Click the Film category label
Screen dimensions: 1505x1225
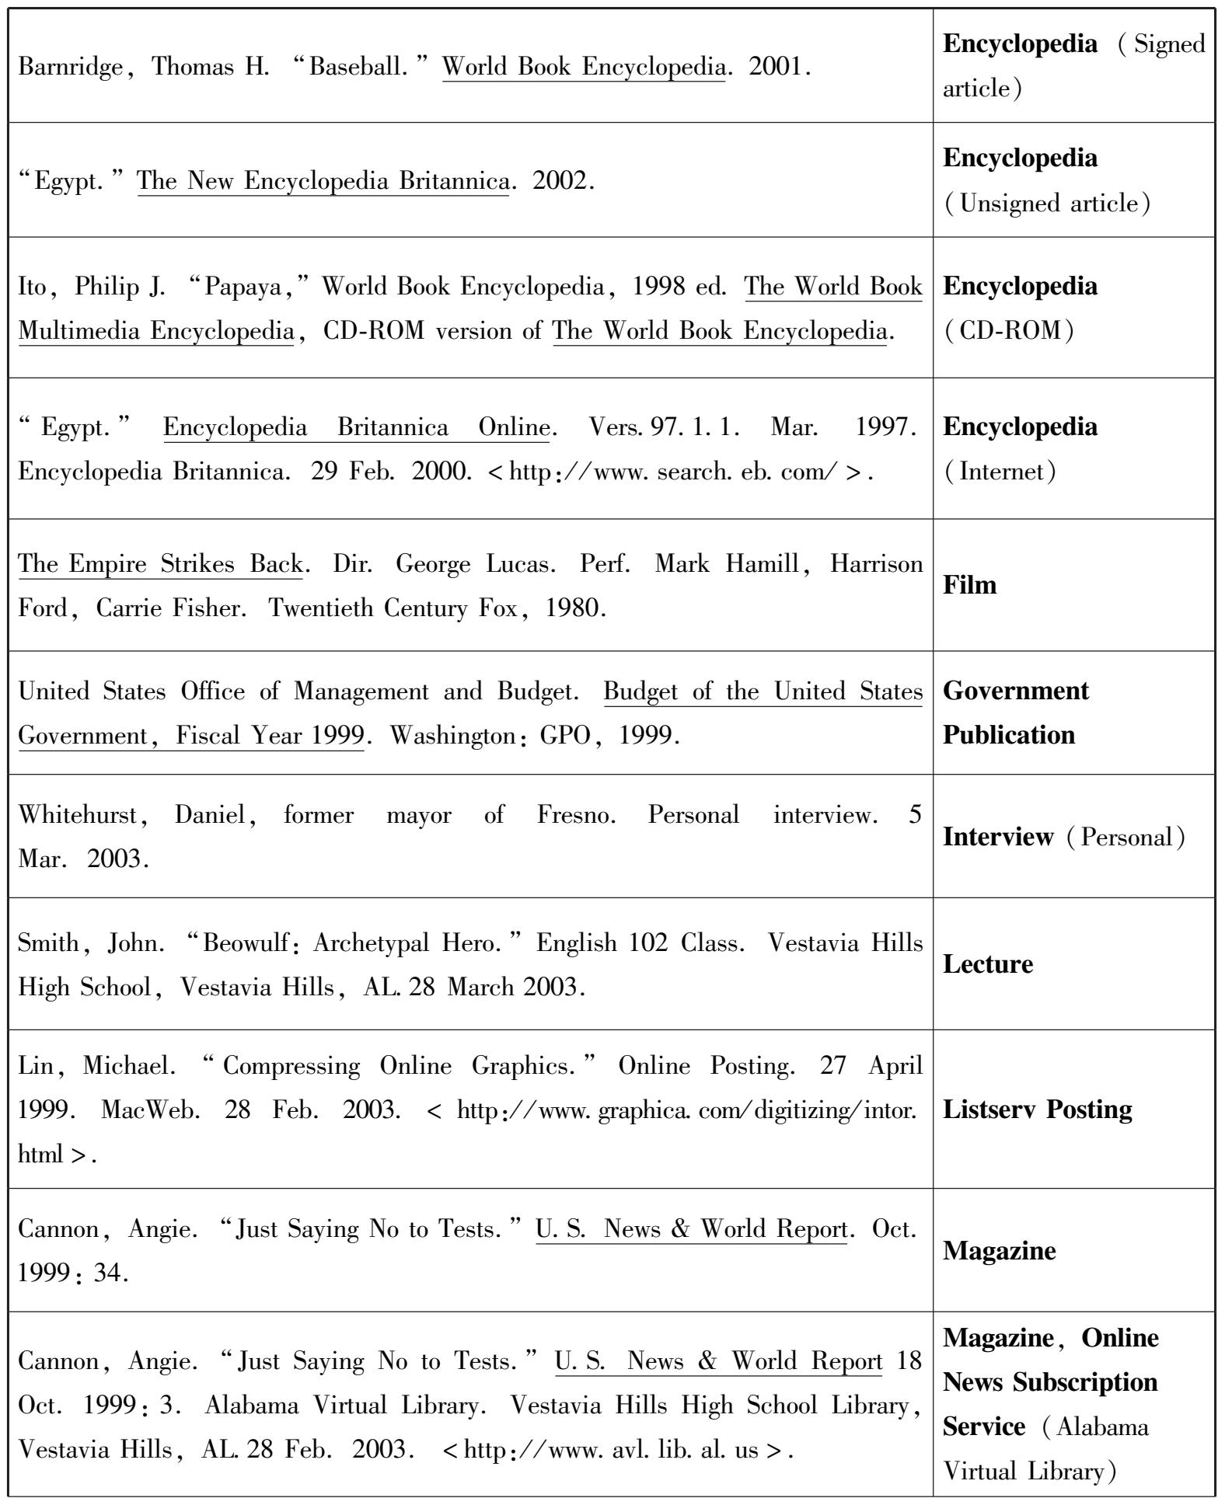coord(969,585)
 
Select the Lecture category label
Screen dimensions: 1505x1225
coord(988,964)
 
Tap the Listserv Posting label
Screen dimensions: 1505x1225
coord(1037,1109)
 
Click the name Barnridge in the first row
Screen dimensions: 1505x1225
coord(70,68)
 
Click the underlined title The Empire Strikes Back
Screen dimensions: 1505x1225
coord(160,563)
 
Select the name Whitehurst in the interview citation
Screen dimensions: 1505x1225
coord(78,815)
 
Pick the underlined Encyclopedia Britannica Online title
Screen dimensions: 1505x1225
coord(356,427)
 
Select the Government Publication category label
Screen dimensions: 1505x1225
coord(1015,712)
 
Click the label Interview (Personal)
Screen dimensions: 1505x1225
coord(1064,837)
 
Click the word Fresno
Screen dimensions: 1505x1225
coord(576,815)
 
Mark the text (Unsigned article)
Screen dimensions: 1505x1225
coord(1046,204)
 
